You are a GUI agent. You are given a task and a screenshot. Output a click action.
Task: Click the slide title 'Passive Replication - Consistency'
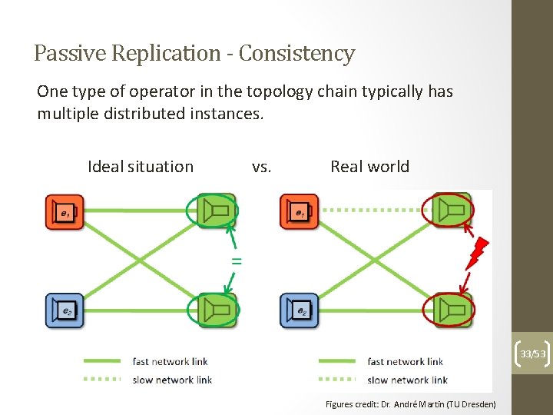coord(194,54)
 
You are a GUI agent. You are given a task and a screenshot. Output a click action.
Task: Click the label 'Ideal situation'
coord(141,167)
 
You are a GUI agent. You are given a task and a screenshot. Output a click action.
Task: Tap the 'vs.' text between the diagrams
coord(262,167)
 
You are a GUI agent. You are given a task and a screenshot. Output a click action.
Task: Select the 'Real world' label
coord(369,167)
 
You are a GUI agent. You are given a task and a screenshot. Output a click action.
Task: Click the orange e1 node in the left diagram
coord(64,211)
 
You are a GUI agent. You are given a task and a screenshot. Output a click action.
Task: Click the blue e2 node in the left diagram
coord(64,310)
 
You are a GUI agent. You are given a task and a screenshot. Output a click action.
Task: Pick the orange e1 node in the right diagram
coord(299,211)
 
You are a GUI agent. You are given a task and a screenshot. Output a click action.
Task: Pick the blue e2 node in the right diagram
coord(299,310)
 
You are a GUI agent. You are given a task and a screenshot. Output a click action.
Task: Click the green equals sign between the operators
coord(237,261)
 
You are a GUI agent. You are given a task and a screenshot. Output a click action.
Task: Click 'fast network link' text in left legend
coord(170,361)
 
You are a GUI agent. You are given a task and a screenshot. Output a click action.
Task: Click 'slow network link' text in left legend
coord(171,380)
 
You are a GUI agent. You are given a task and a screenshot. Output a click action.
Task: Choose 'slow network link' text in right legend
coord(407,380)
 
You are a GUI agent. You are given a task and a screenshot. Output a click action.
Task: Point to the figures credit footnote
coord(410,404)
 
